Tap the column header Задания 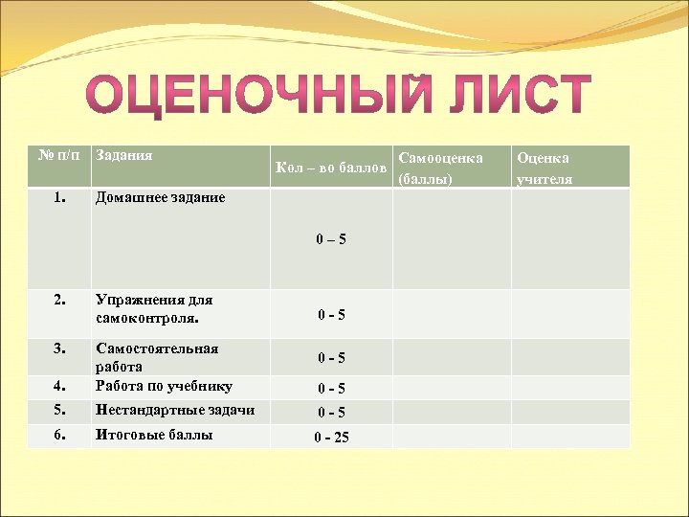click(x=124, y=155)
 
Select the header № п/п click(x=58, y=155)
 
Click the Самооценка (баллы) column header click(x=440, y=167)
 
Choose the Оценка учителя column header click(x=545, y=167)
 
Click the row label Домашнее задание click(x=160, y=197)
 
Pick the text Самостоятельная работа click(x=156, y=357)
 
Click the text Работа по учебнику click(x=164, y=386)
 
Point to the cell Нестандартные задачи click(x=174, y=410)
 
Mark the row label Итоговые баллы click(x=153, y=435)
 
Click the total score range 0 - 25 click(x=331, y=438)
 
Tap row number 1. click(x=59, y=197)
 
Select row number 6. click(x=59, y=435)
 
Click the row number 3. click(x=59, y=348)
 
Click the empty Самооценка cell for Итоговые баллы click(x=451, y=437)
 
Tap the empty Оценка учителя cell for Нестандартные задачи click(x=570, y=412)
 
